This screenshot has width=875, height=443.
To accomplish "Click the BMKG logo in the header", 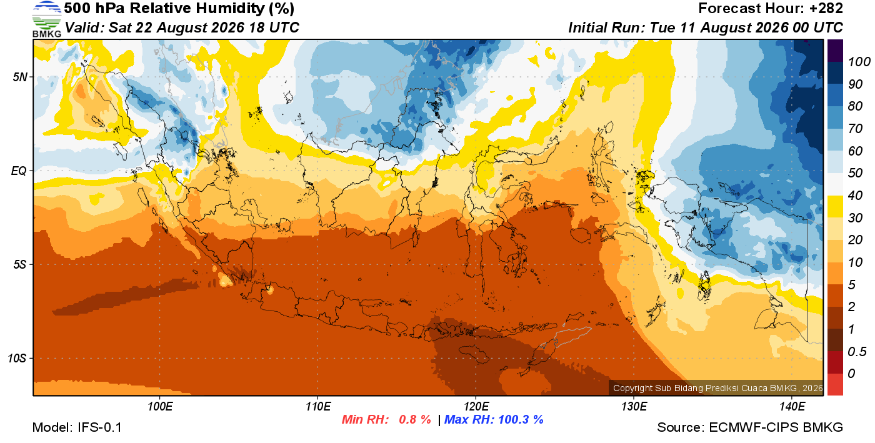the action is point(46,19).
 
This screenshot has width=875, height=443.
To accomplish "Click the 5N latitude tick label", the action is point(20,77).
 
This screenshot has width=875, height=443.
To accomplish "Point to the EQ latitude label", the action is point(19,171).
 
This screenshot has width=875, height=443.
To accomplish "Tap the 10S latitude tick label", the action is point(17,358).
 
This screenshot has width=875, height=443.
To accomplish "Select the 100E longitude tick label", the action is point(160,407).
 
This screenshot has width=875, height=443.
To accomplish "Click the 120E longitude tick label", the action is point(476,407).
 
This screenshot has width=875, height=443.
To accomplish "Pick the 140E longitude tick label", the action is point(792,407).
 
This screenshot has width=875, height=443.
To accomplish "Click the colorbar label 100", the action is point(859,62).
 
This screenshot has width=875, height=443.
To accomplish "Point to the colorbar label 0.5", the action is point(857,352).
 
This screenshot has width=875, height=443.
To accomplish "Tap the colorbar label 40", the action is point(855,196).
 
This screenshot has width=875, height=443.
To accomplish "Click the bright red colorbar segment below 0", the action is point(835,384).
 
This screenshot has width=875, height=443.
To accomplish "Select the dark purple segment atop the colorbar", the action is point(835,51).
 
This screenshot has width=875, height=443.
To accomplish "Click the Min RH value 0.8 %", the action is point(414,419).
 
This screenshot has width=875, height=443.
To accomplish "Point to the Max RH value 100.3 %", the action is point(521,419).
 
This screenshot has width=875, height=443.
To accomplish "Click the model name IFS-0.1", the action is point(99,427).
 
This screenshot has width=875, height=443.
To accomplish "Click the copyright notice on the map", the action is point(717,388).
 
